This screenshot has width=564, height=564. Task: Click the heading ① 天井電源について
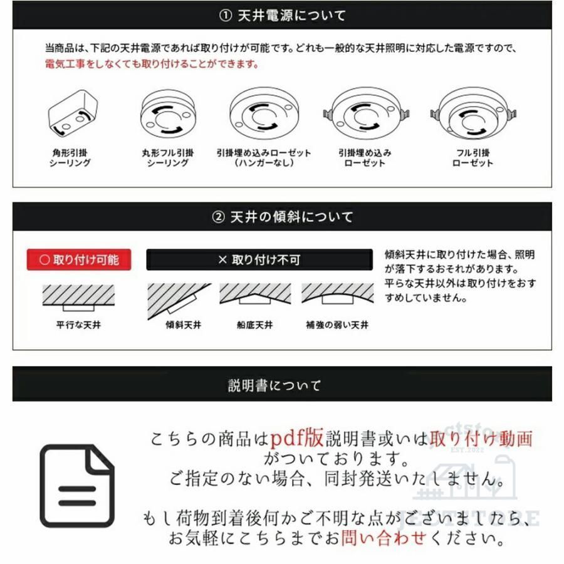tap(282, 16)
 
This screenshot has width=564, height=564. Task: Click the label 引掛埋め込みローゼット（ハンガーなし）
tap(264, 158)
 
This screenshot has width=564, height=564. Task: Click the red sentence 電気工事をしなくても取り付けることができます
tap(152, 65)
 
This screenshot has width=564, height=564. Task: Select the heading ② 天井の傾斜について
tap(282, 217)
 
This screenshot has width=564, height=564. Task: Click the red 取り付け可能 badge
tap(79, 259)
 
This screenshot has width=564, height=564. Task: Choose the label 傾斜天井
tap(183, 326)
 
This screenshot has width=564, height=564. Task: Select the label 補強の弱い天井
tap(337, 326)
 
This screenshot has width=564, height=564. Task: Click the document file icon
tap(78, 485)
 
